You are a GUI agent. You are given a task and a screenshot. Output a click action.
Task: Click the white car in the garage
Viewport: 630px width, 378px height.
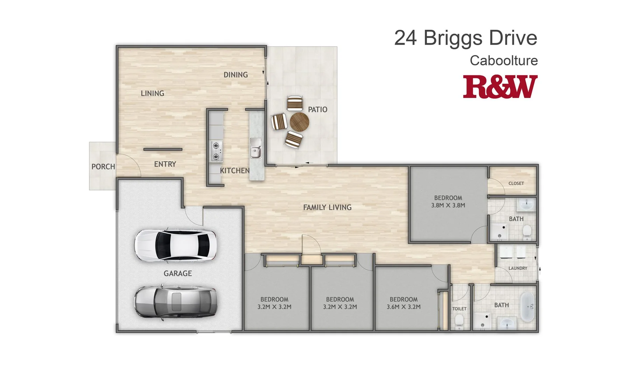176,245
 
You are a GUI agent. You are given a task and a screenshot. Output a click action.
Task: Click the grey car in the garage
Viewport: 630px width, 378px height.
176,302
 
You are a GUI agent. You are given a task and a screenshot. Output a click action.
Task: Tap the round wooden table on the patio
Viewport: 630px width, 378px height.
300,122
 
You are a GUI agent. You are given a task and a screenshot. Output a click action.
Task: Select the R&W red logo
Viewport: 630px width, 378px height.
500,86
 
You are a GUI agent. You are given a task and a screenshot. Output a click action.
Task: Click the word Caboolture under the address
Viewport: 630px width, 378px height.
503,61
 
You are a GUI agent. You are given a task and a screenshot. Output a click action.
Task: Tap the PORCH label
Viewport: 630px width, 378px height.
103,167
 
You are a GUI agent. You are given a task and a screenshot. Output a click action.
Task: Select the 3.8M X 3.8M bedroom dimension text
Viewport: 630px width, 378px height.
448,205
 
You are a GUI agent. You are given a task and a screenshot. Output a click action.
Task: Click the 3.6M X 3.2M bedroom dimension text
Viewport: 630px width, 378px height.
404,307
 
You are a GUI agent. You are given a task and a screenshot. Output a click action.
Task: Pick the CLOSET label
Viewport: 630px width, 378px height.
516,183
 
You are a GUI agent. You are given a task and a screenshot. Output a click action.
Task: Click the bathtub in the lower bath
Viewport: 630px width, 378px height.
527,307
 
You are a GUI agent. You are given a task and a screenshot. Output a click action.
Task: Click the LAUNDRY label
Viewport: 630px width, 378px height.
518,268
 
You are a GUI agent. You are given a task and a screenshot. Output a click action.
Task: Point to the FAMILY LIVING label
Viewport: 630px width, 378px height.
327,208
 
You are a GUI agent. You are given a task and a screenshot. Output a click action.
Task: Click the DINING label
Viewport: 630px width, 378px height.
236,75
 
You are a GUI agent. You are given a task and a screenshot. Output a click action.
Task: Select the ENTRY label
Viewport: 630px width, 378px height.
165,164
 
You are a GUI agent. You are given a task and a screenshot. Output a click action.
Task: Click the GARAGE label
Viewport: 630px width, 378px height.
177,273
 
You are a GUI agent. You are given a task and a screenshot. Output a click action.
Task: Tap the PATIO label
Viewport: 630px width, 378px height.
317,110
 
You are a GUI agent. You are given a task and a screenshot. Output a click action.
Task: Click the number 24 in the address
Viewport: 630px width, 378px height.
405,38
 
